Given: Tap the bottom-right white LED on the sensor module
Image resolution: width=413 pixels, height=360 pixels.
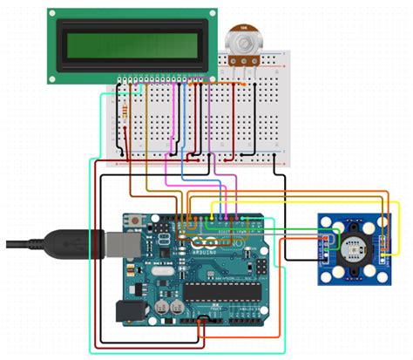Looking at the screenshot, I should (375, 262).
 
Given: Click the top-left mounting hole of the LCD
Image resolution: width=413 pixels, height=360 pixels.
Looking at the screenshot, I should (53, 15).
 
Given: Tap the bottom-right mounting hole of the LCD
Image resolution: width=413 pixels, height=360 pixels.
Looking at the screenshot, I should (207, 77).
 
